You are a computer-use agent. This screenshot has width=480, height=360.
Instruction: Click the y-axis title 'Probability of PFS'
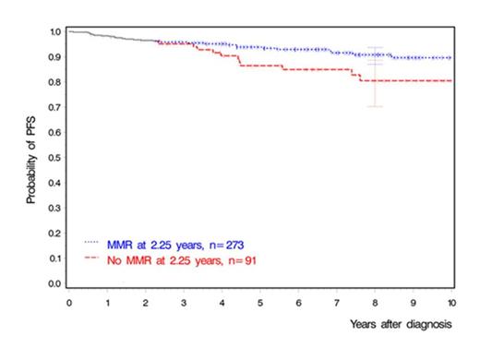point(30,159)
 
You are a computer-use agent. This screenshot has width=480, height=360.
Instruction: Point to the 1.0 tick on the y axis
point(56,32)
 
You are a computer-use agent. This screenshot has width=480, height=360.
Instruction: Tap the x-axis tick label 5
point(259,302)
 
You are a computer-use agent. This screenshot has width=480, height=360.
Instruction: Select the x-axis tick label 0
point(68,302)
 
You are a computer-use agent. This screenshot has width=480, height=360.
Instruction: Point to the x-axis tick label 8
point(374,302)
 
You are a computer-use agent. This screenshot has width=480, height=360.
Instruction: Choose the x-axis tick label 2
point(145,302)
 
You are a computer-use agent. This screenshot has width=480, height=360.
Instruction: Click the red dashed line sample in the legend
point(96,258)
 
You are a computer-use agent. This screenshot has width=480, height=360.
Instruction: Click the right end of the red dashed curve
point(450,81)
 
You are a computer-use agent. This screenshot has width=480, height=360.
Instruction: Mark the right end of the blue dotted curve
point(450,57)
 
